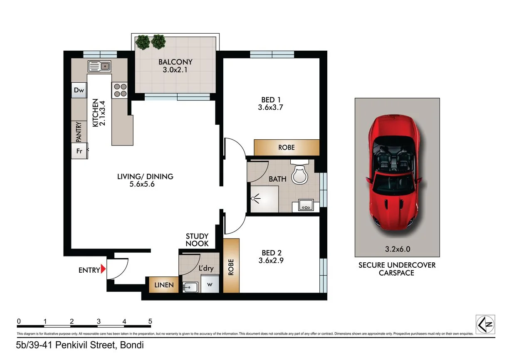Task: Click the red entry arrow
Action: (104, 270)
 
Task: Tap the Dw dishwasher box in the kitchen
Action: (79, 90)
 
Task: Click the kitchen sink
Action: (99, 66)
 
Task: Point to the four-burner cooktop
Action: (120, 90)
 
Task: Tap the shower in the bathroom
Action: (264, 199)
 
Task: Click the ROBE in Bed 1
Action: (287, 148)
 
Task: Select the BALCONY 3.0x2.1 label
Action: (175, 66)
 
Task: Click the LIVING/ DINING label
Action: (145, 180)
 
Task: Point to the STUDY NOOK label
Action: (197, 240)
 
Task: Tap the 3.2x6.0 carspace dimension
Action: (397, 249)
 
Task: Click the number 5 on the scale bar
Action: (150, 321)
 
